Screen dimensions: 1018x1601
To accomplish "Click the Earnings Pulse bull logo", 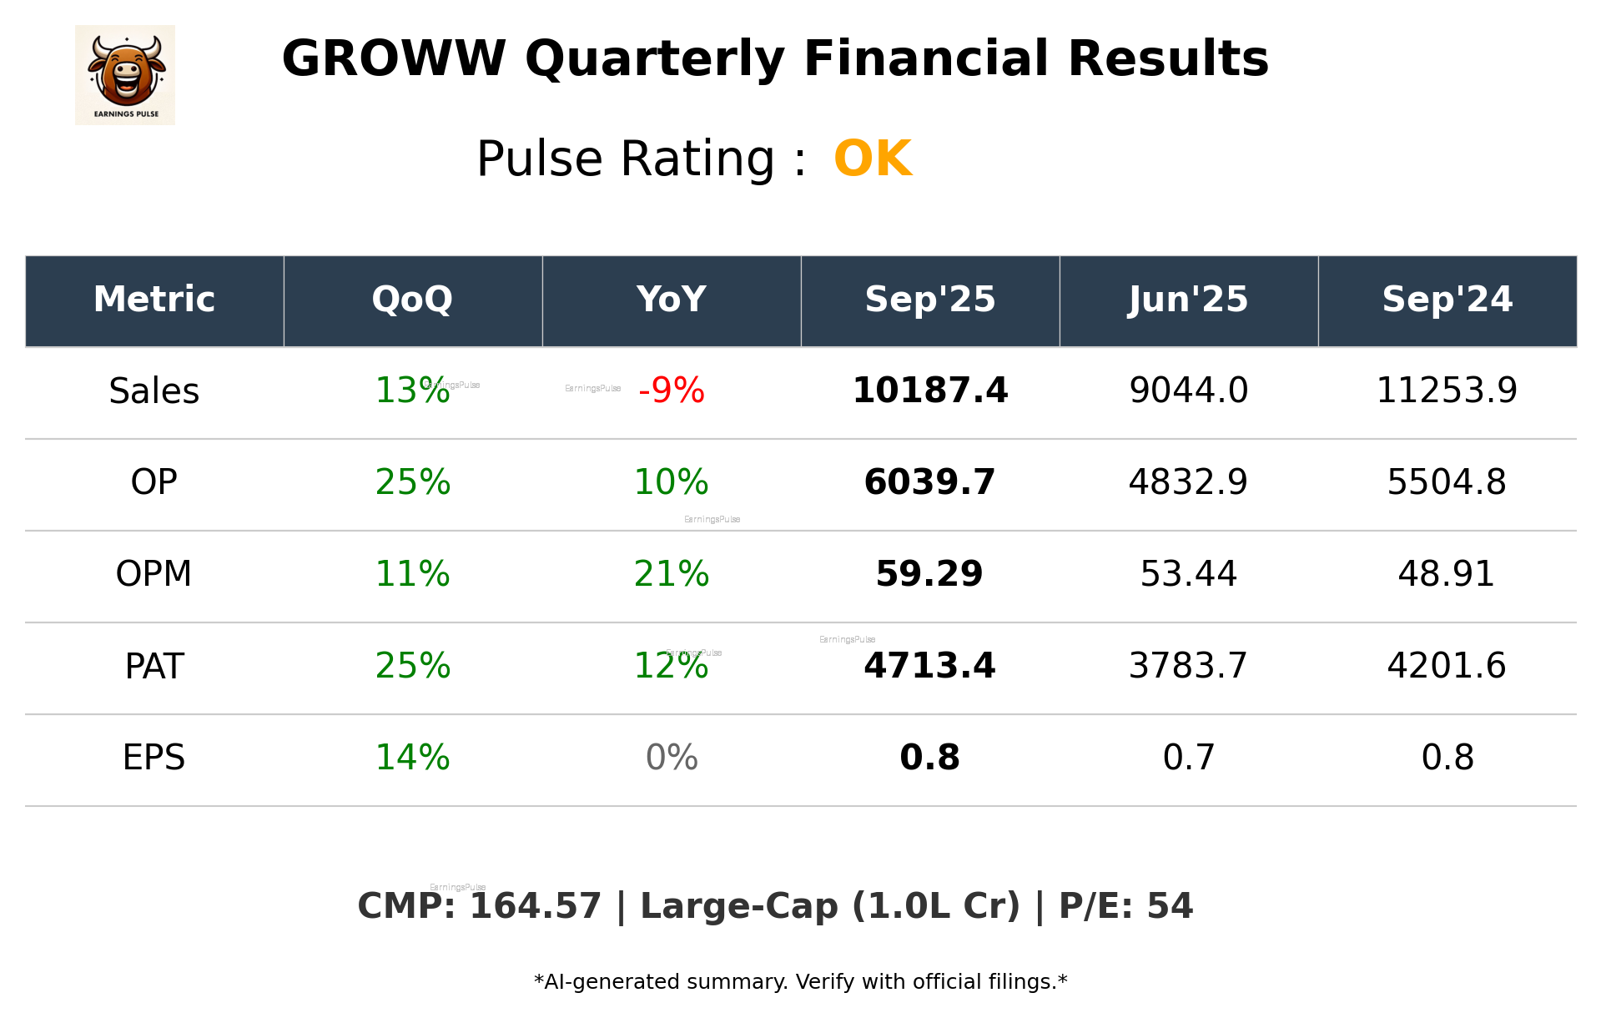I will coord(125,74).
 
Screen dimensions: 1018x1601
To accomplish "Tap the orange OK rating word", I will coord(873,159).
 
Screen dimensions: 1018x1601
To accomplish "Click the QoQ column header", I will coord(412,300).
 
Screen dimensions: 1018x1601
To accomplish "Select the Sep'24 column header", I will coord(1447,300).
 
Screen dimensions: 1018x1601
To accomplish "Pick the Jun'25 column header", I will coord(1188,300).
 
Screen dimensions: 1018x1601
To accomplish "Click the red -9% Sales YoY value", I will coord(672,391).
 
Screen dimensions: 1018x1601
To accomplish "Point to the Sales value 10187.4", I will coord(929,391).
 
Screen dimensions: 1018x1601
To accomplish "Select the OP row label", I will coord(154,482).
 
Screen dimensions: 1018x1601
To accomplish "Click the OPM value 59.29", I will coord(929,574).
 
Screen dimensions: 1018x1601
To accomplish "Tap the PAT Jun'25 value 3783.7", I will coord(1188,666).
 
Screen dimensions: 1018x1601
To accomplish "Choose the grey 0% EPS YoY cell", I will coord(672,758).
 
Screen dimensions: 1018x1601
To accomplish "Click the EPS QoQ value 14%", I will coord(412,758).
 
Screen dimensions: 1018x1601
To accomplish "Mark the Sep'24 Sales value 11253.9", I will coord(1447,391).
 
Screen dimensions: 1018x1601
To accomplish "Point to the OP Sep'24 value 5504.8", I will coord(1447,482).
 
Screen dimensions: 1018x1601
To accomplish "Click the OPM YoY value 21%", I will coord(672,574).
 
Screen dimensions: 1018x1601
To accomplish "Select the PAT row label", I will coord(154,666).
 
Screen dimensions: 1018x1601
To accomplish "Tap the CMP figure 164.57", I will coord(535,907).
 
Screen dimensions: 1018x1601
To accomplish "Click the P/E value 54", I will coord(1170,907).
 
